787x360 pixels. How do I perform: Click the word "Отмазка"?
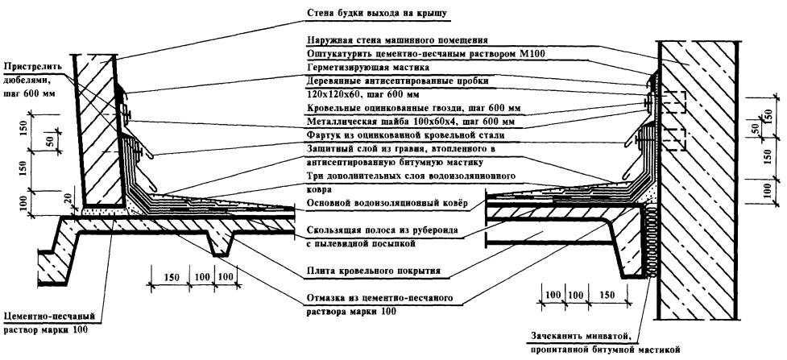[x=326, y=298]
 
